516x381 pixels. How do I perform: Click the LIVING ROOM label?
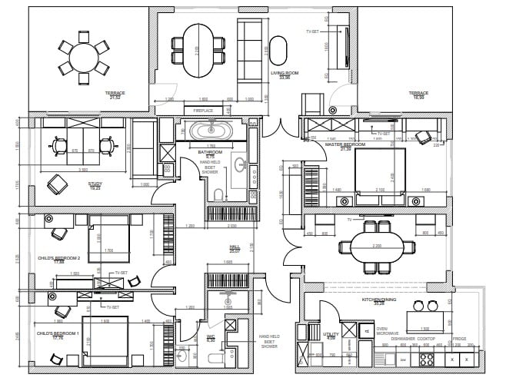(x=284, y=74)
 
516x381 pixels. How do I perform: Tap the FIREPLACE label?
(x=202, y=111)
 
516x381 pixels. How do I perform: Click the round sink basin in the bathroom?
(x=240, y=164)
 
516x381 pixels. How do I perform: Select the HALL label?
(x=235, y=247)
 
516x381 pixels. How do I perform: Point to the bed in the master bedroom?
(x=380, y=175)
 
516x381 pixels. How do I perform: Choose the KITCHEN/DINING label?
(x=378, y=300)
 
